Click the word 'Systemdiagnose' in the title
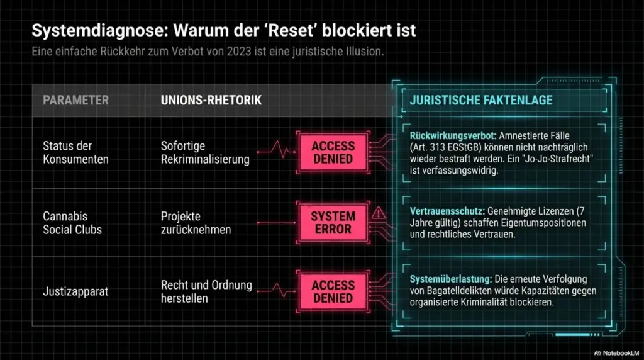click(100, 31)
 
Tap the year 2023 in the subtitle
click(238, 52)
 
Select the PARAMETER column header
click(76, 100)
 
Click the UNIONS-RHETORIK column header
click(211, 100)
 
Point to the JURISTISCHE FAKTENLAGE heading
click(481, 100)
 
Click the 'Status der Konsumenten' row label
click(75, 152)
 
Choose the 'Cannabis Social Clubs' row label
click(72, 223)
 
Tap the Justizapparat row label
click(75, 291)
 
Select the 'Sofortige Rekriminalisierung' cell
click(205, 152)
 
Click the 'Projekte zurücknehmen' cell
click(196, 223)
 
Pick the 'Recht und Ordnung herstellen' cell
click(206, 291)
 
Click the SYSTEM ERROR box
click(333, 223)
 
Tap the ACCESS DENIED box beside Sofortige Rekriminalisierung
click(333, 152)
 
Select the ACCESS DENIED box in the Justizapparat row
click(333, 291)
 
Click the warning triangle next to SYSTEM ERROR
click(378, 213)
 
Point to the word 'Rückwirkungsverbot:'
click(453, 135)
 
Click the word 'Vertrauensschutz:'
click(447, 211)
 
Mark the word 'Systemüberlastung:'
click(450, 279)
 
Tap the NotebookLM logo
click(616, 353)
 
